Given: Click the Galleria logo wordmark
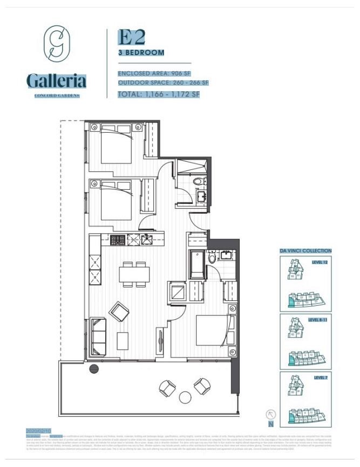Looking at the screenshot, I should pyautogui.click(x=56, y=81).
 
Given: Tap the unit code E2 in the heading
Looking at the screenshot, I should pyautogui.click(x=132, y=38).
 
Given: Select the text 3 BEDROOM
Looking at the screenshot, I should pyautogui.click(x=141, y=52).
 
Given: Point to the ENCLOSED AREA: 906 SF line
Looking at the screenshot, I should pyautogui.click(x=154, y=73).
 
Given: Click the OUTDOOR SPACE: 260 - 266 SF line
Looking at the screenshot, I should pyautogui.click(x=163, y=83).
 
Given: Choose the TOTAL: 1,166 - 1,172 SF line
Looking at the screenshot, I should pyautogui.click(x=159, y=94).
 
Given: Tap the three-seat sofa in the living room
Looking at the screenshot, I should pyautogui.click(x=99, y=334).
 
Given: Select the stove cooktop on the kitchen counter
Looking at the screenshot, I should pyautogui.click(x=118, y=240).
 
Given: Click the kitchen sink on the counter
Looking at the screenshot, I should pyautogui.click(x=146, y=240).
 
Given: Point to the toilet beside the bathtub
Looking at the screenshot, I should pyautogui.click(x=213, y=257).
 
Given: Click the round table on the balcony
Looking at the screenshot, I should pyautogui.click(x=185, y=397).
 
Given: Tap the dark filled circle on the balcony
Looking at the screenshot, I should pyautogui.click(x=94, y=369).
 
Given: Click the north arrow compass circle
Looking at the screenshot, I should pyautogui.click(x=271, y=415).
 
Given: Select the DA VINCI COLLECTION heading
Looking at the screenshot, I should pyautogui.click(x=305, y=251).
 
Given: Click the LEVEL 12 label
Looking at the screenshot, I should pyautogui.click(x=320, y=262).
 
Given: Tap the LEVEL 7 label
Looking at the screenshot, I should pyautogui.click(x=321, y=377).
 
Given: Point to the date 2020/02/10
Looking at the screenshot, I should pyautogui.click(x=37, y=431).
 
